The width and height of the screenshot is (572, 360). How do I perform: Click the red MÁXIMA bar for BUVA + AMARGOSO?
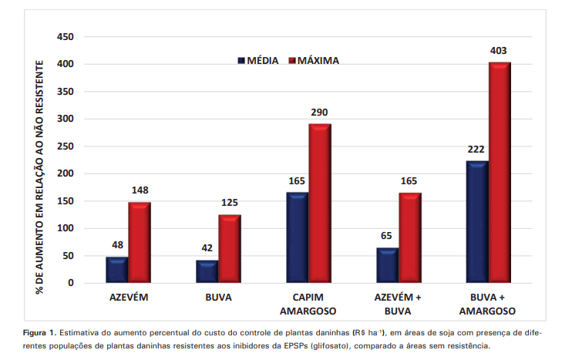coord(500,173)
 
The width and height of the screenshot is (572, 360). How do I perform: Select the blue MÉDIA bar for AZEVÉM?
coord(116,270)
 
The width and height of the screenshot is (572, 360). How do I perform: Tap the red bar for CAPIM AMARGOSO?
coord(320,204)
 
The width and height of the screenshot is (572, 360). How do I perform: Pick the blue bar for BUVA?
coord(207,271)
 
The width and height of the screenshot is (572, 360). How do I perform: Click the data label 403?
coord(499,51)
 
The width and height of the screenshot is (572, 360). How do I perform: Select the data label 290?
coord(319,113)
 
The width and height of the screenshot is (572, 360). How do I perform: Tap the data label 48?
coord(117,246)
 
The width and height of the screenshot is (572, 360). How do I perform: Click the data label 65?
coord(387,237)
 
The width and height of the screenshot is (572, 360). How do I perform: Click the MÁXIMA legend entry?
coord(313,60)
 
